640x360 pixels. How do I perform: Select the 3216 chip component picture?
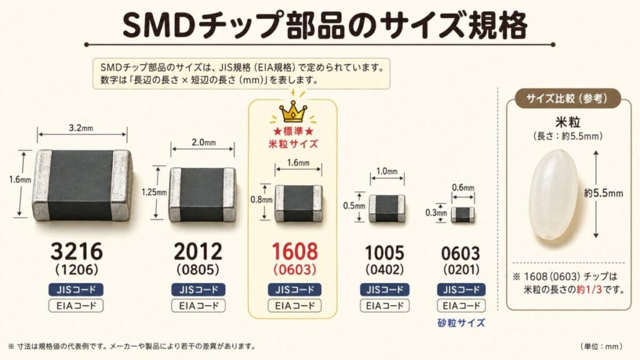point(82,184)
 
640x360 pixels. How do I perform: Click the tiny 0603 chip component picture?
point(462,214)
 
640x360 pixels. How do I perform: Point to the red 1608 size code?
point(293,252)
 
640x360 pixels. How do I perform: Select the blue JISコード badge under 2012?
point(198,290)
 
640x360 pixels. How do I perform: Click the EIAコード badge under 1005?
point(385,306)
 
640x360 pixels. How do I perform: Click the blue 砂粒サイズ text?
point(462,323)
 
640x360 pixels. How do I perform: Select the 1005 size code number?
point(385,254)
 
